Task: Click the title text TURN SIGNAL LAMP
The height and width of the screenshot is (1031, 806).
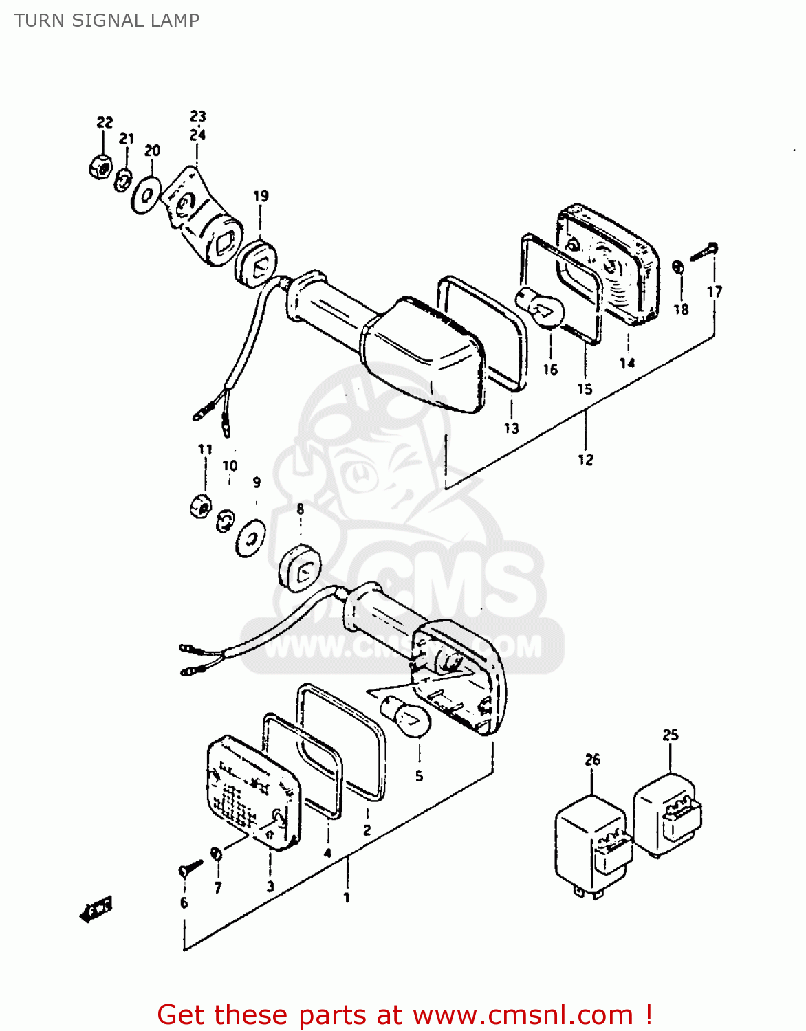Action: click(x=107, y=21)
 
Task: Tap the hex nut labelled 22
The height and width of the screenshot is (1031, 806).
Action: click(x=101, y=166)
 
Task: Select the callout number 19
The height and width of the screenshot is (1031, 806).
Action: click(x=261, y=197)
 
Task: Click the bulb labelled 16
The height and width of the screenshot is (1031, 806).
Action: click(x=541, y=309)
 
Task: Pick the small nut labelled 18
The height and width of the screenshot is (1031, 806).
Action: click(x=677, y=267)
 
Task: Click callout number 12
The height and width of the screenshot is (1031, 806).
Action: click(x=585, y=460)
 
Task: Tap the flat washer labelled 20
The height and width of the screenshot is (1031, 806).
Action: click(x=146, y=196)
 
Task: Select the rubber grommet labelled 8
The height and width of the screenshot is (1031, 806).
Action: click(x=300, y=568)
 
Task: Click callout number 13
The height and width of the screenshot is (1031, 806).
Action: click(x=511, y=429)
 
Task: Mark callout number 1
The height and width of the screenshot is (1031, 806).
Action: click(x=347, y=898)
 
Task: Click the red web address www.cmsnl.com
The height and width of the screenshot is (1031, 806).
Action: click(x=523, y=1015)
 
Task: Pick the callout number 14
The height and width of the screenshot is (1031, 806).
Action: click(x=627, y=363)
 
